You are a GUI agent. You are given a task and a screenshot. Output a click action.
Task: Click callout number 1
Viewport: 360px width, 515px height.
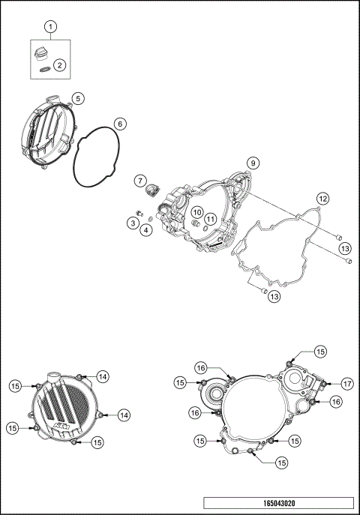(x=51, y=27)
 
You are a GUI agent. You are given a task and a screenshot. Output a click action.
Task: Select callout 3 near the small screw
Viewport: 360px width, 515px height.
(x=131, y=223)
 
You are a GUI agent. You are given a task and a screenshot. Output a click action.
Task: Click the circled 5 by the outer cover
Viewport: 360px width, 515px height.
(x=78, y=98)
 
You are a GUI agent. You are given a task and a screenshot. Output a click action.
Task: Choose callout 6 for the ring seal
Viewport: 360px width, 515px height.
(x=119, y=124)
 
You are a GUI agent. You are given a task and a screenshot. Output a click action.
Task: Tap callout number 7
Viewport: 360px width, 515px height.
(x=139, y=181)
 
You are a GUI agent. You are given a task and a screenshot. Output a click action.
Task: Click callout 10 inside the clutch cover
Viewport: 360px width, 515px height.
(x=195, y=212)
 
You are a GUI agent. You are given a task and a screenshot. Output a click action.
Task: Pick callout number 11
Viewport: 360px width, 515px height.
(x=211, y=219)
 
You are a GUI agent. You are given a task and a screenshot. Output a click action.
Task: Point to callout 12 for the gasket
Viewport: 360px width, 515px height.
(x=322, y=199)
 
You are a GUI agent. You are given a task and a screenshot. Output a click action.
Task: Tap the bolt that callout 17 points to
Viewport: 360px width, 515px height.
(x=323, y=384)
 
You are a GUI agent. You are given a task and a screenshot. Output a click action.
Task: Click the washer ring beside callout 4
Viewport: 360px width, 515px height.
(x=149, y=218)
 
